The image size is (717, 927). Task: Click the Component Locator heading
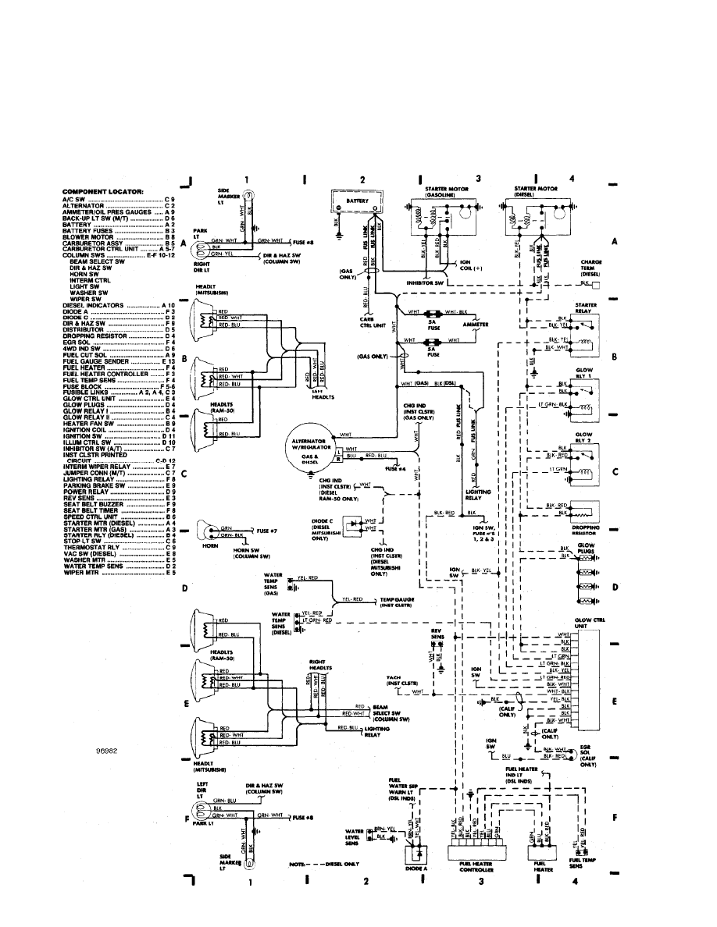click(98, 191)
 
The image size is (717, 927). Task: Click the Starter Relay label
click(586, 307)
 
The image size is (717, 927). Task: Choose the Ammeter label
click(476, 323)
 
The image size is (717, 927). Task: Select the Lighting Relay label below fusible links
click(477, 495)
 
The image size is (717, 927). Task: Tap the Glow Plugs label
click(586, 549)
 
